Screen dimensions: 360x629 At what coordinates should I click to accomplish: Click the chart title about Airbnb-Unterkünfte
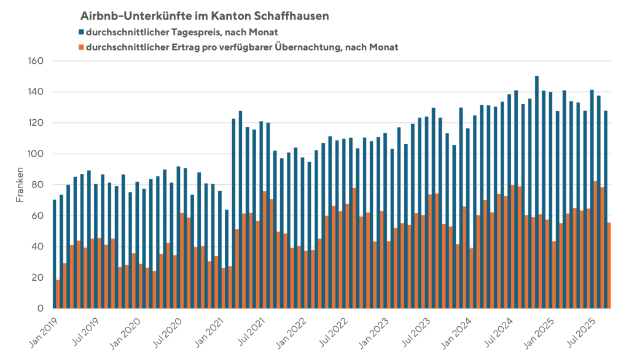[203, 15]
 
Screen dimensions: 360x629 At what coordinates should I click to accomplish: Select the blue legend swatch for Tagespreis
[82, 31]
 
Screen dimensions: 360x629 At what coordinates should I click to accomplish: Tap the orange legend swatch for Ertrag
[82, 47]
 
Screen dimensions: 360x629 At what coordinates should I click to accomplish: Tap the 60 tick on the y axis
[36, 216]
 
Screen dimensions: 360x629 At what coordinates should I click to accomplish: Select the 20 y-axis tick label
[36, 278]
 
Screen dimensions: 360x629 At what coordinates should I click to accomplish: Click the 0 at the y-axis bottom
[39, 308]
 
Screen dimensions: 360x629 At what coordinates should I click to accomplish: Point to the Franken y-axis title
[20, 185]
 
